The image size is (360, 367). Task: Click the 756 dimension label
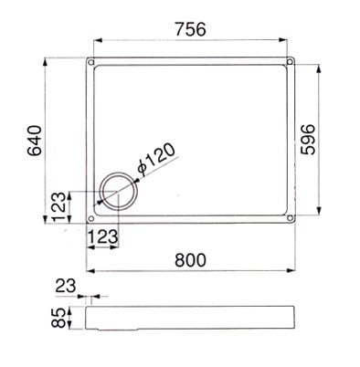(x=191, y=29)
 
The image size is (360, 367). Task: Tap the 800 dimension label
(x=191, y=260)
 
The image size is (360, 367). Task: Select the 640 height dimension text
(x=35, y=141)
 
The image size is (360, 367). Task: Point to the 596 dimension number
(x=308, y=140)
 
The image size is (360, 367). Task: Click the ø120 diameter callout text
(x=156, y=159)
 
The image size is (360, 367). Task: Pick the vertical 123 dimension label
(x=58, y=206)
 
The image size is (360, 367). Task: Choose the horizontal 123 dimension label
(x=103, y=236)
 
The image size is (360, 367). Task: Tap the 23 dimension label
(x=66, y=286)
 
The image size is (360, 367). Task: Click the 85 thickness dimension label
(x=58, y=318)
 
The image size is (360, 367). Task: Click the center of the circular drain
(x=118, y=191)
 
